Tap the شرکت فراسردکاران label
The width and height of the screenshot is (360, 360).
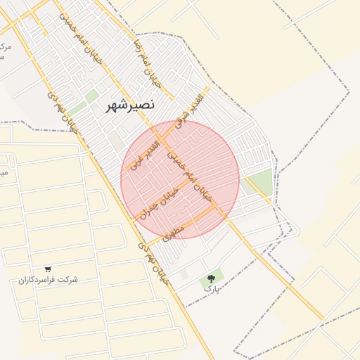48,280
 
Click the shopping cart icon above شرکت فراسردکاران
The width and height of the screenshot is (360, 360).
48,269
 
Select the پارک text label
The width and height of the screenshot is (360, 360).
211,288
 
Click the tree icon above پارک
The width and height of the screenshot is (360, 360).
211,278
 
